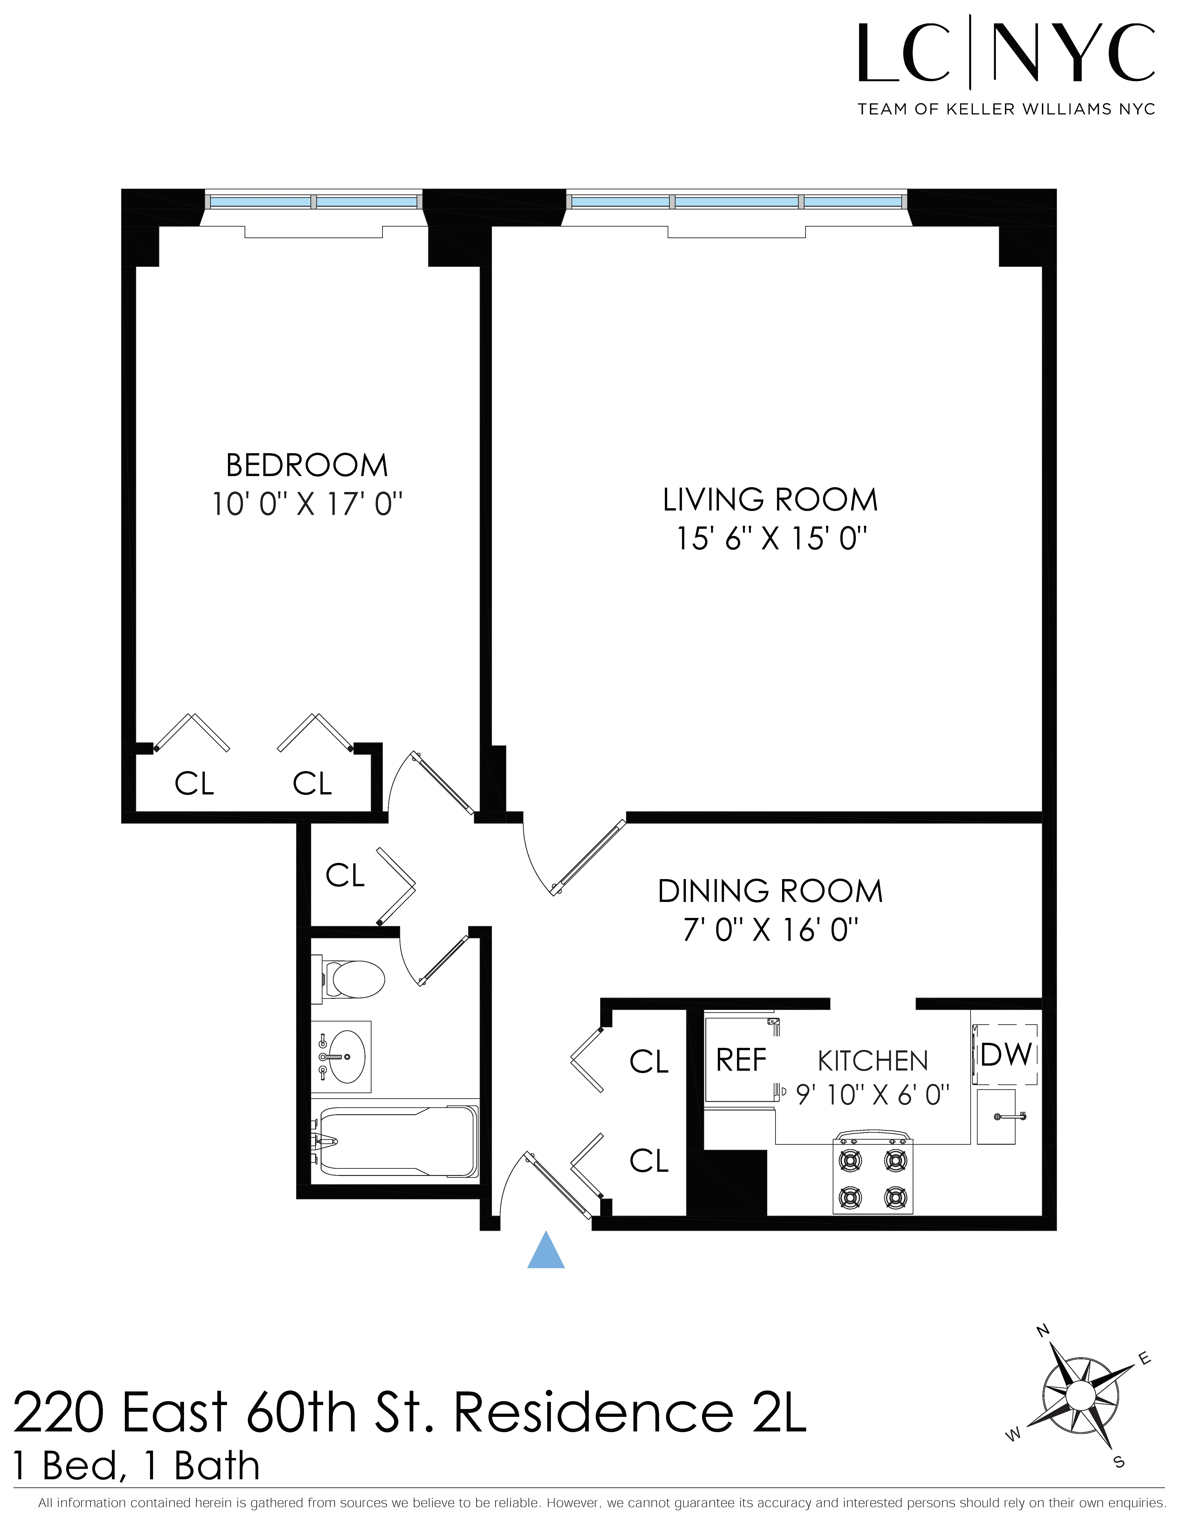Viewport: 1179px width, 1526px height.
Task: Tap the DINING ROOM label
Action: click(x=771, y=892)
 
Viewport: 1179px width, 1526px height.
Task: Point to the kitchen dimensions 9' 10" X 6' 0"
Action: click(x=873, y=1095)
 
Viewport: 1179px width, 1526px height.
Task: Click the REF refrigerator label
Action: click(x=741, y=1061)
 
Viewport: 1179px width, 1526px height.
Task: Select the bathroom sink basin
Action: click(x=342, y=1057)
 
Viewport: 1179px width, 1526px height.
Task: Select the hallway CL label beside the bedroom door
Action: click(x=345, y=876)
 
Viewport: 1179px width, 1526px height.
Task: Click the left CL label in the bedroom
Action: click(x=194, y=784)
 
